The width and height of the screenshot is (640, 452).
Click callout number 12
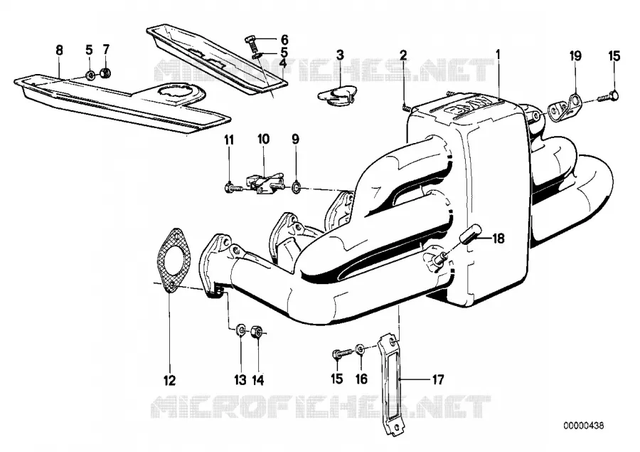tap(169, 380)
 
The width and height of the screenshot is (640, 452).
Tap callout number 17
tap(437, 380)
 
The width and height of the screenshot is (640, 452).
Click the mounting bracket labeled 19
tap(565, 105)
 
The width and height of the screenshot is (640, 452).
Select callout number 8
tap(60, 51)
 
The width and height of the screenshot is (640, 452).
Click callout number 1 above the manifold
tap(498, 53)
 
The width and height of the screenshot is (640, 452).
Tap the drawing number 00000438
tap(584, 426)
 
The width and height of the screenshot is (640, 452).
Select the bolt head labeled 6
tap(251, 40)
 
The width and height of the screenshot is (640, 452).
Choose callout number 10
tap(263, 139)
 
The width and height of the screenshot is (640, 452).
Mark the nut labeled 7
tap(106, 73)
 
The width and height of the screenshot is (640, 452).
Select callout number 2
tap(403, 55)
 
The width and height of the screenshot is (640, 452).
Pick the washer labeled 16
tap(360, 349)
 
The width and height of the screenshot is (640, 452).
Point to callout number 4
tap(282, 63)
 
